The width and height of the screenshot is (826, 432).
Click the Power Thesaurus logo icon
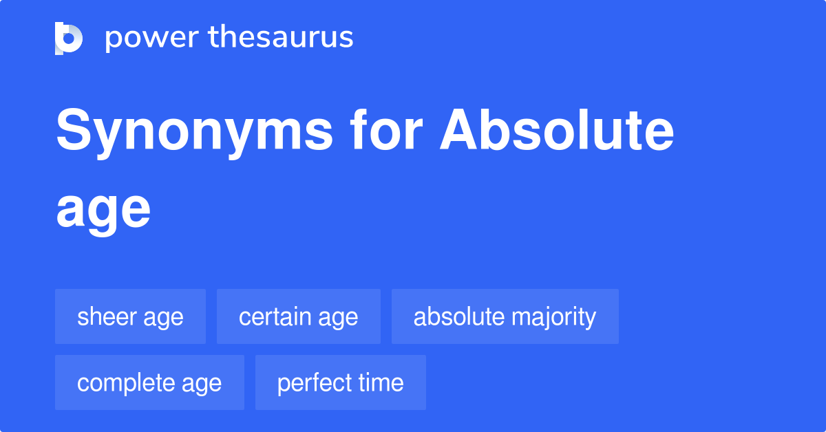tap(69, 38)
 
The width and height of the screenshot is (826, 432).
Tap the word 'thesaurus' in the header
tap(281, 38)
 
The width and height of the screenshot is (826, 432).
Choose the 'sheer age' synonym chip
tap(130, 316)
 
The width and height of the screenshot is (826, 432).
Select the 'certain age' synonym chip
tap(298, 316)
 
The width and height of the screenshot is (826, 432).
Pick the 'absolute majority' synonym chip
tap(505, 316)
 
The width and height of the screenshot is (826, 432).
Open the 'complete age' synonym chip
tap(149, 382)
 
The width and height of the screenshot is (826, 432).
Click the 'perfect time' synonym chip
tap(340, 382)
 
